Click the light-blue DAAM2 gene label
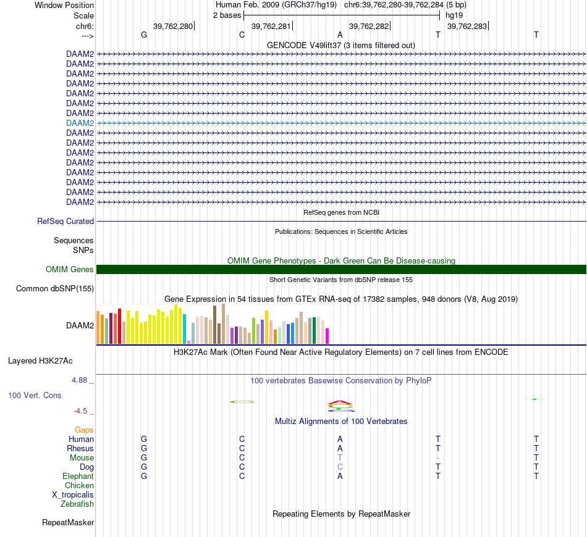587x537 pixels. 80,123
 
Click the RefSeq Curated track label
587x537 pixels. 65,221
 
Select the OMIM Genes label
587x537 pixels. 70,269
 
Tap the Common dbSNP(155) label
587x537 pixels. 55,288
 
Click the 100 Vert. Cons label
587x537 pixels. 34,394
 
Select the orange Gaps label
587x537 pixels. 84,430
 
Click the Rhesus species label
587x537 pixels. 80,448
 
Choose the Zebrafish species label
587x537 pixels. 77,504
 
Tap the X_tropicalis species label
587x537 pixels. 73,494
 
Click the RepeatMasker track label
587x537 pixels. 68,523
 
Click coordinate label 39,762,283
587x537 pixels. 467,26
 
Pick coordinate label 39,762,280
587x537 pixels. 173,26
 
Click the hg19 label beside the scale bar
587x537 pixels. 454,15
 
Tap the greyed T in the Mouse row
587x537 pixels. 340,457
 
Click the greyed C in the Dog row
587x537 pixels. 340,467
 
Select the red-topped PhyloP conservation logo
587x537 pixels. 340,405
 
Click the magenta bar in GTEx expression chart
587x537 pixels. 327,336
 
